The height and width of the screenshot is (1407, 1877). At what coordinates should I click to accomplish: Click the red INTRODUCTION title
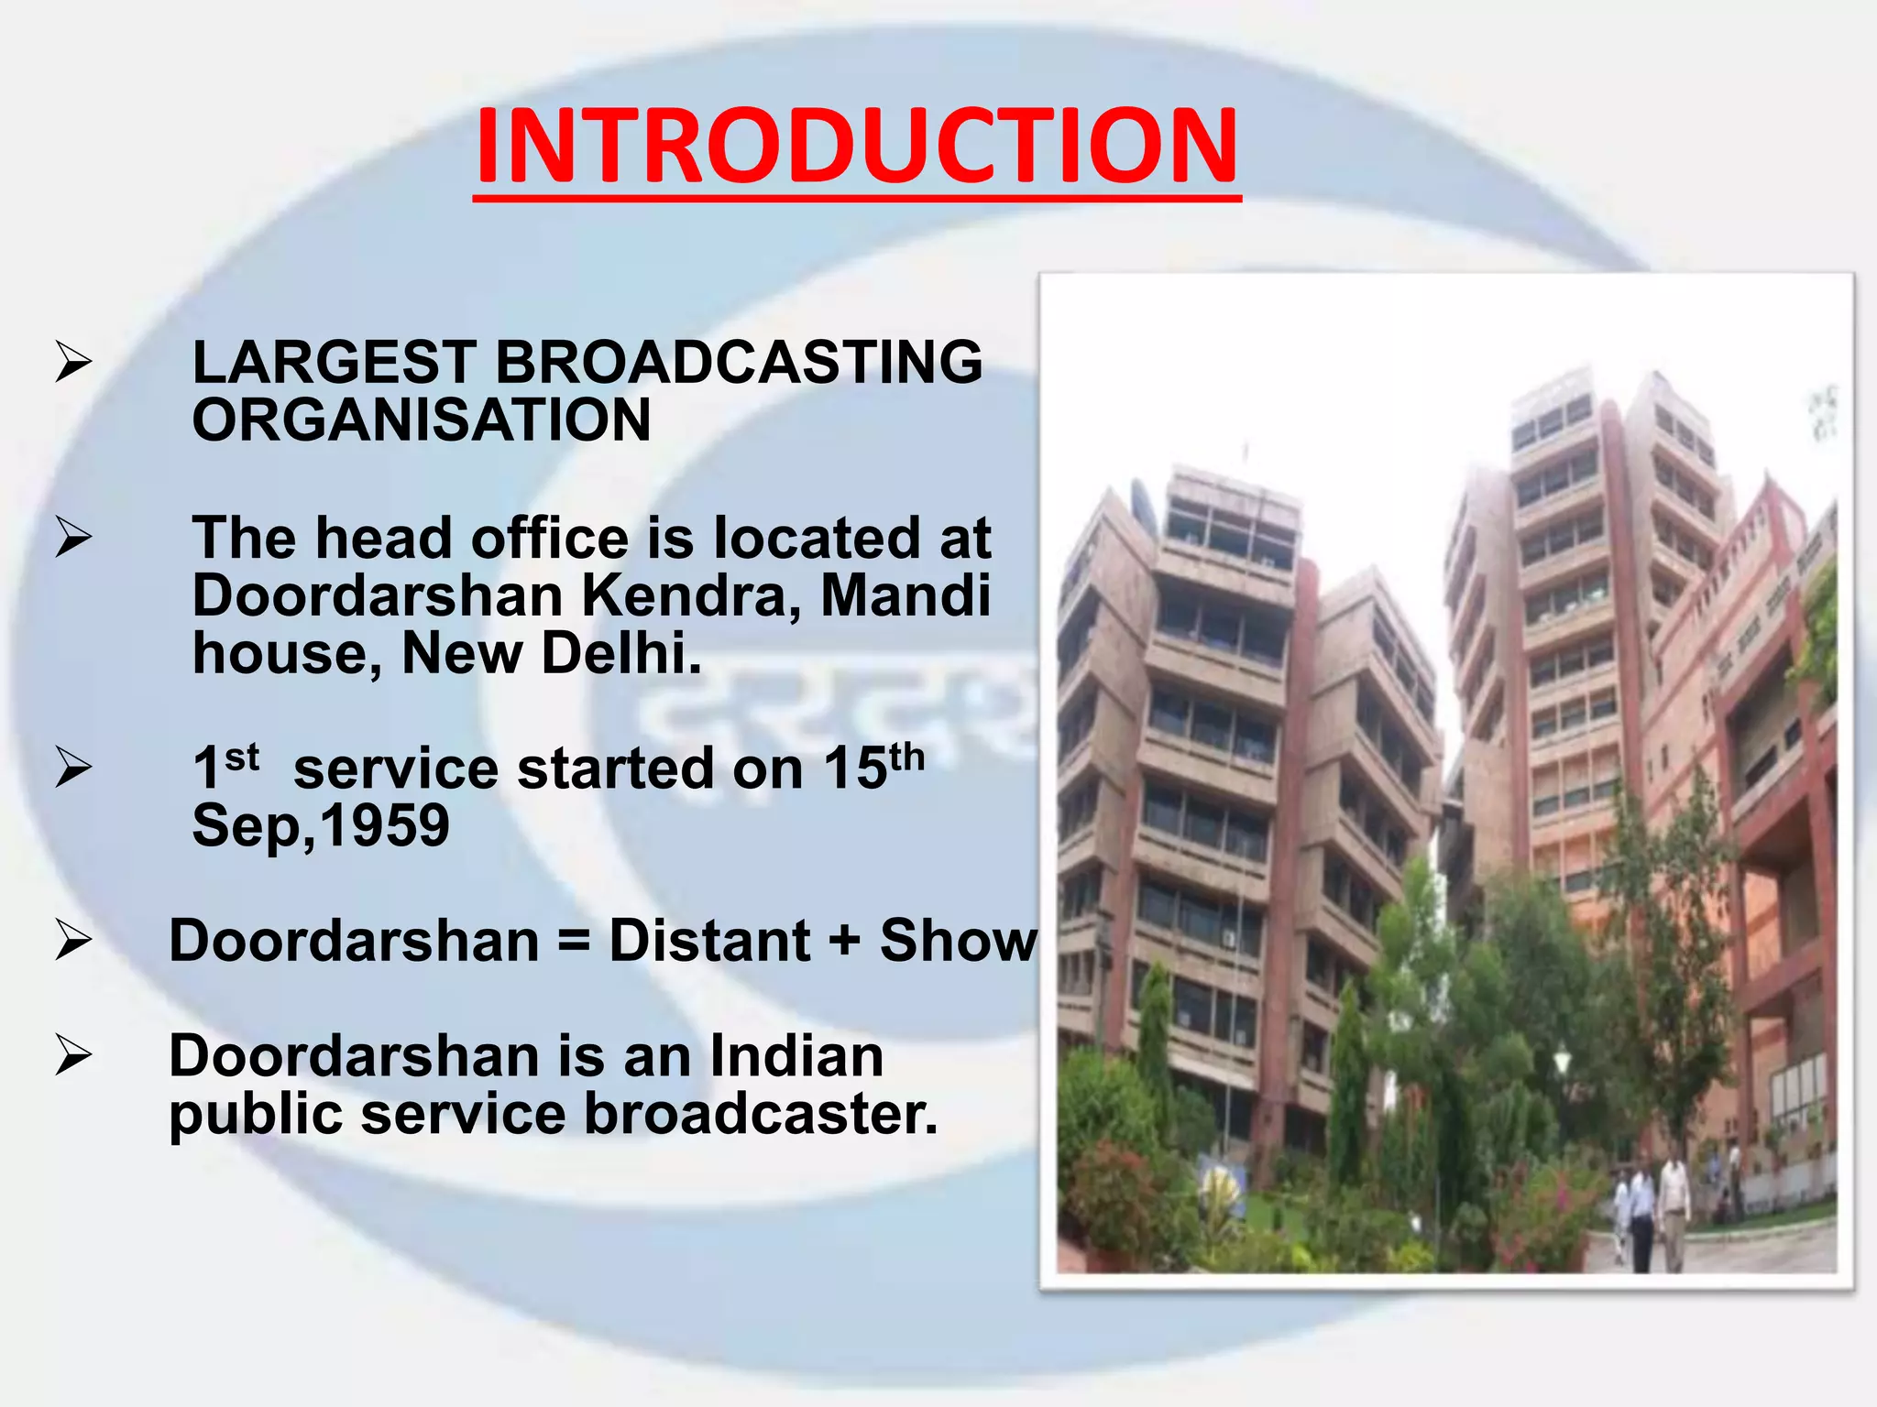coord(857,147)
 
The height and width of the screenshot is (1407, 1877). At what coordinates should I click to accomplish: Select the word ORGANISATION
coord(422,420)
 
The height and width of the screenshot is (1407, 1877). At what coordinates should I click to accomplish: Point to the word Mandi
coord(906,596)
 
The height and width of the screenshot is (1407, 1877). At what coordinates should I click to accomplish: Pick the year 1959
coord(385,825)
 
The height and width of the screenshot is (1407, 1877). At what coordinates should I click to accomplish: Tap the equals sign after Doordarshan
coord(574,941)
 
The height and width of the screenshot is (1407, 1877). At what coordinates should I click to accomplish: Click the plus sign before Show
coord(844,941)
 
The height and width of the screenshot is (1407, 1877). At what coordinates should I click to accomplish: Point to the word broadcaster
coord(761,1115)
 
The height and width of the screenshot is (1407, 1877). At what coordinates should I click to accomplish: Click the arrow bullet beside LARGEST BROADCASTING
coord(73,361)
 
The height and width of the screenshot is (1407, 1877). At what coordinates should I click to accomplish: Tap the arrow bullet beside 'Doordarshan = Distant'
coord(73,941)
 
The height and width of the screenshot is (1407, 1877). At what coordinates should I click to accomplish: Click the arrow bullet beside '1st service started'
coord(73,768)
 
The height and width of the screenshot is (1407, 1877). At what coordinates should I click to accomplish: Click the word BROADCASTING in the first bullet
coord(739,362)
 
